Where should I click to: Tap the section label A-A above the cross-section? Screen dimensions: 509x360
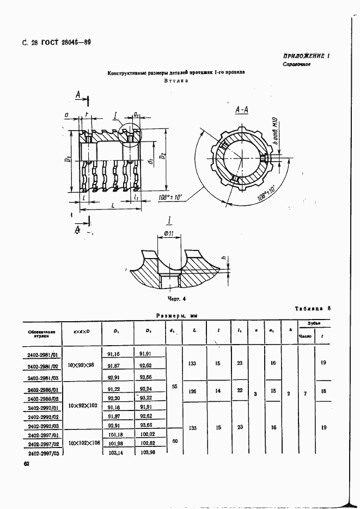tap(241, 111)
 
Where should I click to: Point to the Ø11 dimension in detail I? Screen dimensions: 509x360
tap(168, 235)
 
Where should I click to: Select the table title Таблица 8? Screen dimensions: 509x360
tap(313, 309)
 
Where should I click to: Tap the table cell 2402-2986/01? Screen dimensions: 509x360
tap(42, 390)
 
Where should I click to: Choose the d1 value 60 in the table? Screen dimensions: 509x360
tap(174, 441)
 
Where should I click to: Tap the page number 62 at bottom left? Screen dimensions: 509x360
tap(26, 463)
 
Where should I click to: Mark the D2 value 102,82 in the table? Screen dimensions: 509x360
tap(145, 444)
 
